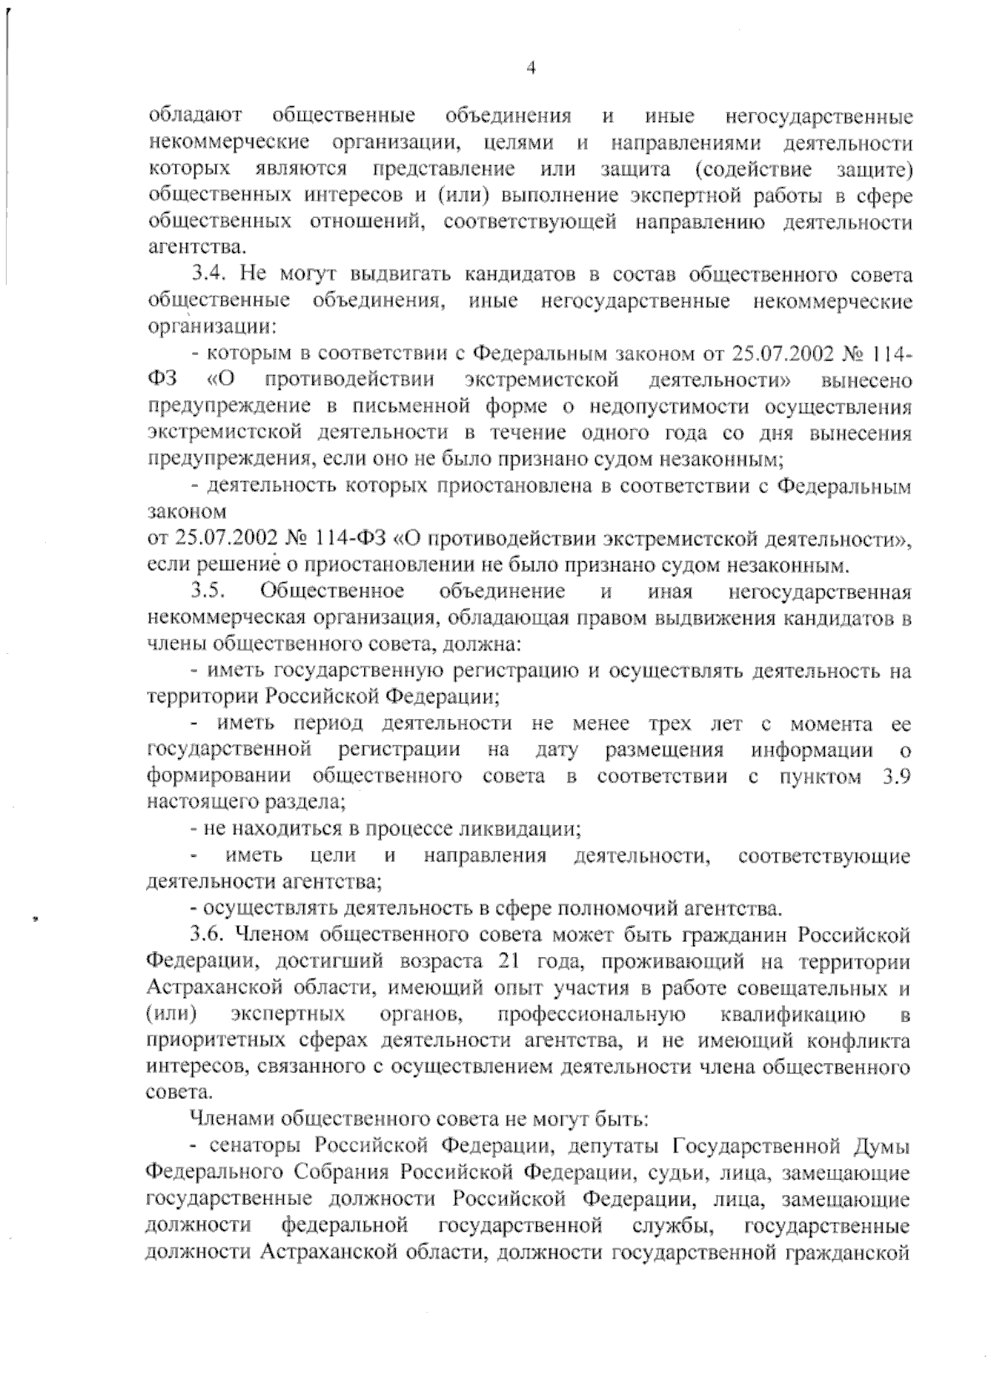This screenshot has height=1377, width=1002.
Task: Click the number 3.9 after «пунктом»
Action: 896,777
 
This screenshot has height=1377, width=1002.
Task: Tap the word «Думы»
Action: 883,1146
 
